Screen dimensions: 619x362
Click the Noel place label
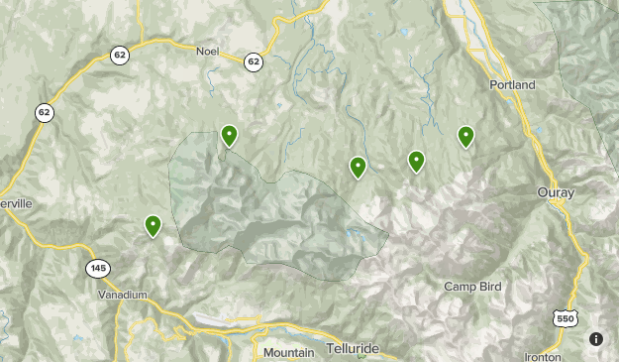tap(207, 51)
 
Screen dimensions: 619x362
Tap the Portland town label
tap(512, 85)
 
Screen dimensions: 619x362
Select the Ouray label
tap(555, 191)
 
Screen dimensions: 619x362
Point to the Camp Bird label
tap(471, 287)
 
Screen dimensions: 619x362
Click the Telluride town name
tap(352, 351)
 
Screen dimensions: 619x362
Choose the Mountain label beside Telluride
tap(288, 352)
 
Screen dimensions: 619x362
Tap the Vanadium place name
tap(123, 295)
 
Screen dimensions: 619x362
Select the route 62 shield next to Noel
tap(255, 61)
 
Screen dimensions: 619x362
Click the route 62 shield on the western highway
tap(45, 112)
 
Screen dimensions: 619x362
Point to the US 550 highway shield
tap(564, 318)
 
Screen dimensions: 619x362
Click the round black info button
tap(596, 339)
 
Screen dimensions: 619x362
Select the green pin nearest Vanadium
tap(154, 226)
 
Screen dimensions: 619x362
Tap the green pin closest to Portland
tap(465, 136)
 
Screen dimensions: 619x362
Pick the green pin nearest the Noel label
tap(229, 135)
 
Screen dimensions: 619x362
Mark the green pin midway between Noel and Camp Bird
tap(359, 168)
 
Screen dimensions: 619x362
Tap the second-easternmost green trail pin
tap(417, 161)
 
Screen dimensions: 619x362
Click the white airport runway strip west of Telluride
tap(223, 320)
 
